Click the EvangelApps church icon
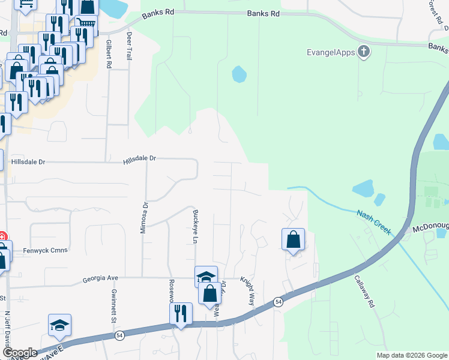363,52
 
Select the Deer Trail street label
128,47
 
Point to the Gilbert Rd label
109,54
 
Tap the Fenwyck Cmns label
37,250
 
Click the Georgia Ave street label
101,279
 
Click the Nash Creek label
374,222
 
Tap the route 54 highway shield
278,301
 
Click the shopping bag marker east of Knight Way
293,239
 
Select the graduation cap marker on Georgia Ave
206,277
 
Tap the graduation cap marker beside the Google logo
59,325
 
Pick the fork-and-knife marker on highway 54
180,313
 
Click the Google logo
19,353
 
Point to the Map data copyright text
412,355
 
